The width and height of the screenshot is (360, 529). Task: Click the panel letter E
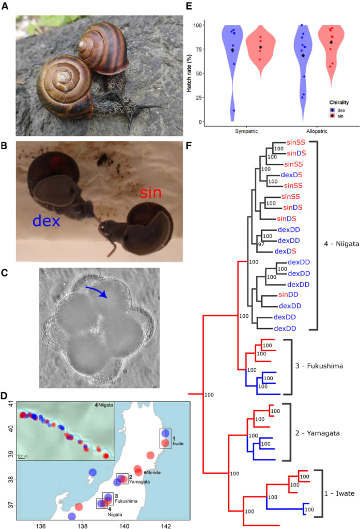coord(189,6)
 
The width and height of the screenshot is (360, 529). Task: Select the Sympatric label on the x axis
coord(246,131)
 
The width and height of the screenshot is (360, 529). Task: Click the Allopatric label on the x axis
coord(317,131)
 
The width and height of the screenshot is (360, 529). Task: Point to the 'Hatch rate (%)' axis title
coord(189,73)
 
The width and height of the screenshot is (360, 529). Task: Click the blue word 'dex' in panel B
coord(46,221)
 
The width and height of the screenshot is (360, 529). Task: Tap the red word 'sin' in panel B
coord(150,192)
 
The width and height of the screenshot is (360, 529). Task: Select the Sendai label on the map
coord(154,472)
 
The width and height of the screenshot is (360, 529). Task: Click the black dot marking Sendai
coord(145,473)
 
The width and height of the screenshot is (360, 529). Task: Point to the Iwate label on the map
coord(178,444)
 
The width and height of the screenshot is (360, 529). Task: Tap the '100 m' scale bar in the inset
coord(22,457)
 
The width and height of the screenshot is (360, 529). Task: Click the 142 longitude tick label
coord(166,525)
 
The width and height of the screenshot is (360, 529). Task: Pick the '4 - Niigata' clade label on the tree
coord(341,244)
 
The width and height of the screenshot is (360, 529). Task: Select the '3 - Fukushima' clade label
coord(319,366)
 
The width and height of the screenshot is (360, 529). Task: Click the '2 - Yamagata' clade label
coord(317,433)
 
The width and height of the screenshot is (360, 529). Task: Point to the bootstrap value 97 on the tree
coord(261,244)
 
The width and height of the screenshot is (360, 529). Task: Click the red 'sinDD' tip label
coord(288,294)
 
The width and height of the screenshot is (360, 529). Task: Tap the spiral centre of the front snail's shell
coord(64,77)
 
